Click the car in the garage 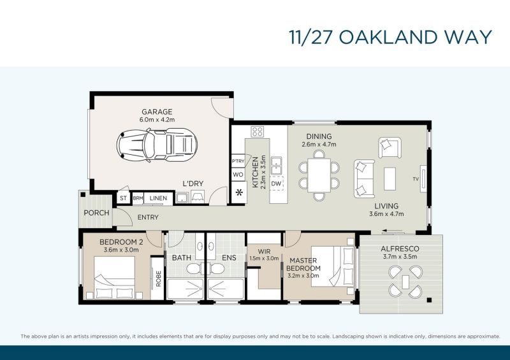[157, 145]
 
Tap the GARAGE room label [157, 112]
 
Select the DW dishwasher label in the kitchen [276, 184]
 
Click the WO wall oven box [238, 175]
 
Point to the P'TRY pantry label [238, 161]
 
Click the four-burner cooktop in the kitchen [258, 132]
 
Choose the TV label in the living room [416, 179]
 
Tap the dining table [319, 175]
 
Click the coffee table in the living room [390, 178]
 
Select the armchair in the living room [390, 148]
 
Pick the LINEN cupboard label [158, 198]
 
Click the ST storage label [123, 198]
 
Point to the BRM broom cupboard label [138, 198]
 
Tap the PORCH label [97, 213]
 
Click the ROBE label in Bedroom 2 [158, 278]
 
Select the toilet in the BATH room [194, 269]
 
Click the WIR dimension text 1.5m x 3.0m [264, 258]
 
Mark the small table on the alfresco [405, 282]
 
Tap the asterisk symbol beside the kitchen [239, 192]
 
